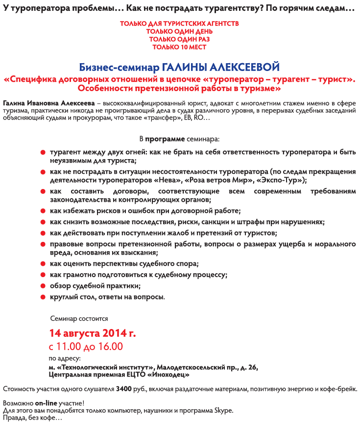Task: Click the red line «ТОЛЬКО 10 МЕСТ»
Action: click(179, 47)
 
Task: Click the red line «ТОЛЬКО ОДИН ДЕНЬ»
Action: click(179, 31)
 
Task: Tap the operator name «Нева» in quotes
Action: click(173, 180)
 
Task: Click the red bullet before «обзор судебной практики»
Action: click(43, 286)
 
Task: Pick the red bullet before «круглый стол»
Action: click(43, 297)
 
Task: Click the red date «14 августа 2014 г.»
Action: click(93, 333)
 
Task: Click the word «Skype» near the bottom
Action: click(222, 410)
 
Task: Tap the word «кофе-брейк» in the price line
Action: click(339, 390)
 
